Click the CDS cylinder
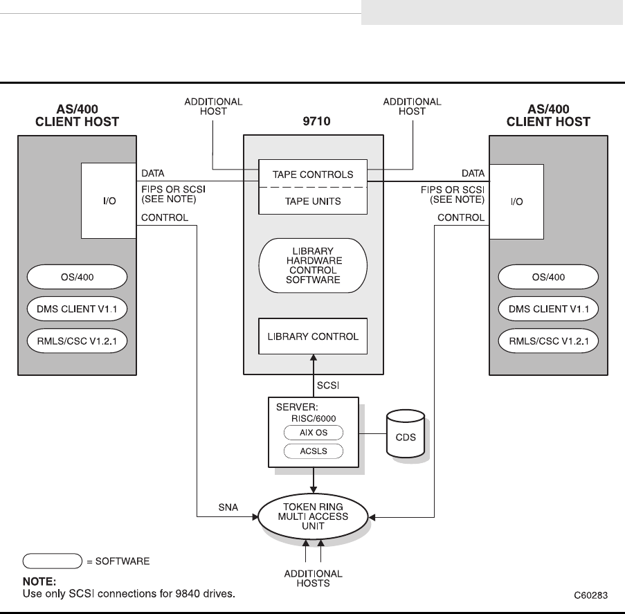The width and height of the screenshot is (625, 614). pos(406,435)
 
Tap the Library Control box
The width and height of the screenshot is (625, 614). pos(313,337)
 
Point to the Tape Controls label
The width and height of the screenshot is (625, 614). pos(313,174)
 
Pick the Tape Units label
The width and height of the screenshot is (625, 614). pos(313,201)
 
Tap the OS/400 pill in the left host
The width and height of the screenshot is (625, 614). pos(78,278)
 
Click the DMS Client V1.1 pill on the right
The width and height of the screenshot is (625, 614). pos(548,309)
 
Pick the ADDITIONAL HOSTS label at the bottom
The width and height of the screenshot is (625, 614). pos(313,578)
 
